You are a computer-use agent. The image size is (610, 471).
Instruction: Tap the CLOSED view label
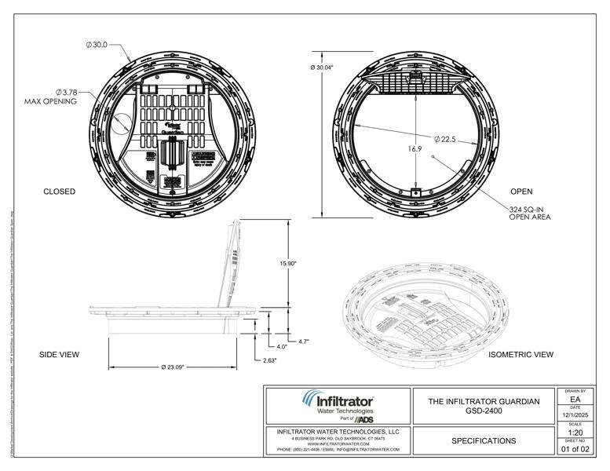click(x=59, y=192)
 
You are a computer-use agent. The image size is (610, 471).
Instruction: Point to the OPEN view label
click(x=521, y=192)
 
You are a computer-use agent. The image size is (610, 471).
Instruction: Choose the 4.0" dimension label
click(x=281, y=346)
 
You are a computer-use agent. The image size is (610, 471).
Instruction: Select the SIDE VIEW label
click(x=60, y=355)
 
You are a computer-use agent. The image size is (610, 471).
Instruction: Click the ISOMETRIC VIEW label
click(x=521, y=355)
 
